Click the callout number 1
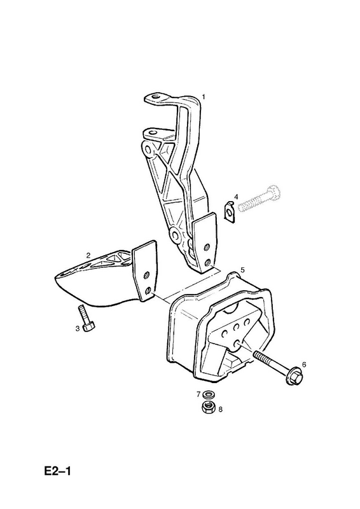click(204, 97)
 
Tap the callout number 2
click(88, 255)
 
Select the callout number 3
click(77, 328)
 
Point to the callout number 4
click(236, 197)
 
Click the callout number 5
click(242, 269)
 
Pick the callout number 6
click(304, 365)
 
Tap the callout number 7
click(198, 394)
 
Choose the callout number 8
click(220, 409)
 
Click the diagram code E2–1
click(57, 471)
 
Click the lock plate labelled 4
click(230, 211)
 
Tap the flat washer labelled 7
click(207, 395)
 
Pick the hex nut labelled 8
click(207, 407)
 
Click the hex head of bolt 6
click(294, 377)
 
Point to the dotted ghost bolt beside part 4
click(259, 199)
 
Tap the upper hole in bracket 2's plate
click(147, 275)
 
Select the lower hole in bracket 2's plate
click(149, 290)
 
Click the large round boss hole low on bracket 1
click(176, 235)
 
